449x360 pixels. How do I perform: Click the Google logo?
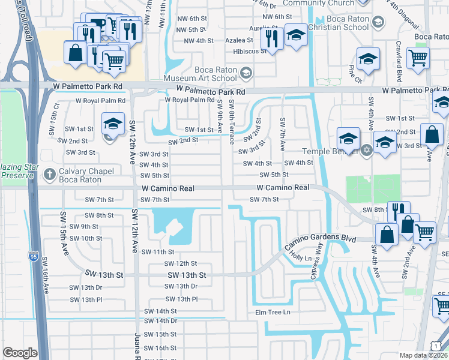click(20, 353)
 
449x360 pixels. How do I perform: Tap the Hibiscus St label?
click(249, 52)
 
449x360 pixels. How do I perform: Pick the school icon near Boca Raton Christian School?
click(295, 35)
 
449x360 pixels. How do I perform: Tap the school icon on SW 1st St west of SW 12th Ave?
click(113, 124)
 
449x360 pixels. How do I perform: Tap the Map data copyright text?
click(422, 355)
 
